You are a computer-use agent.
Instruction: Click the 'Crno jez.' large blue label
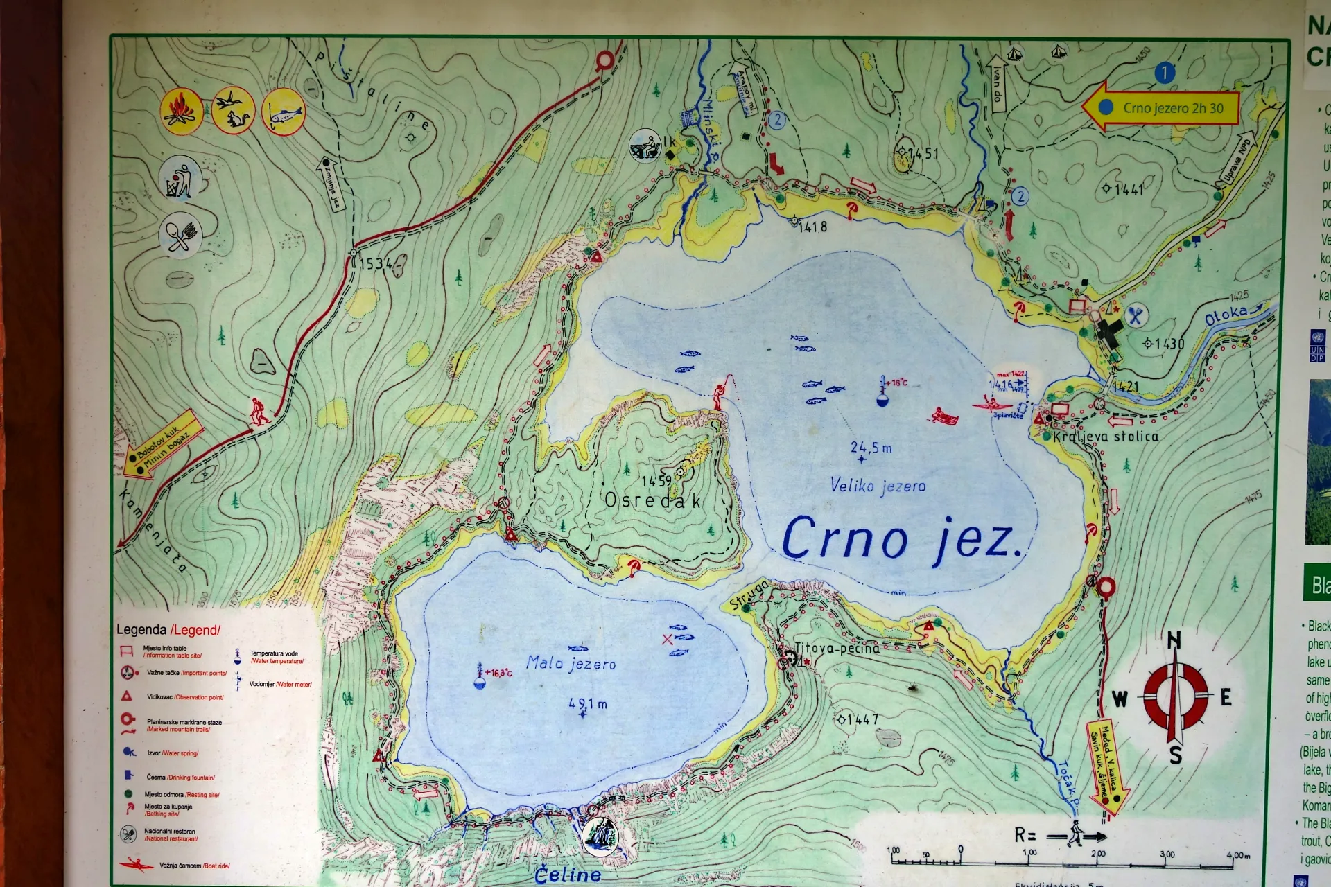pyautogui.click(x=901, y=539)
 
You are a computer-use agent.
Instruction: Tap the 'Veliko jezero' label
pyautogui.click(x=878, y=486)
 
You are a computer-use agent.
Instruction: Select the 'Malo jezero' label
pyautogui.click(x=571, y=663)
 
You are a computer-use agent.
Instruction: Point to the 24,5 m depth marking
pyautogui.click(x=871, y=448)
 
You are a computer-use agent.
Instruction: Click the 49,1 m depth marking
pyautogui.click(x=587, y=704)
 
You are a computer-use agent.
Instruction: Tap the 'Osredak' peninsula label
pyautogui.click(x=652, y=500)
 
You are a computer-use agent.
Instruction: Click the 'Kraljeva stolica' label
pyautogui.click(x=1106, y=437)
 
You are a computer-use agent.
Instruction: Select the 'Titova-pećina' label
pyautogui.click(x=837, y=649)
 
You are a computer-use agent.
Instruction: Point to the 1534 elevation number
pyautogui.click(x=376, y=263)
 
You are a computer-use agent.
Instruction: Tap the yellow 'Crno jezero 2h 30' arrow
pyautogui.click(x=1161, y=107)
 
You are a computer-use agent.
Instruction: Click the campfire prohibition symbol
pyautogui.click(x=181, y=111)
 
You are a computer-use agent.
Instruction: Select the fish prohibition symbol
pyautogui.click(x=283, y=112)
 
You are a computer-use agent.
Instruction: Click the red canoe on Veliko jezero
pyautogui.click(x=944, y=416)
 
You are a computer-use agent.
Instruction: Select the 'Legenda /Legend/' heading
pyautogui.click(x=168, y=630)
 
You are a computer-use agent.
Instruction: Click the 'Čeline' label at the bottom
pyautogui.click(x=568, y=875)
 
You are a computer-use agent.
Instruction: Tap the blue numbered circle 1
pyautogui.click(x=1165, y=72)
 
